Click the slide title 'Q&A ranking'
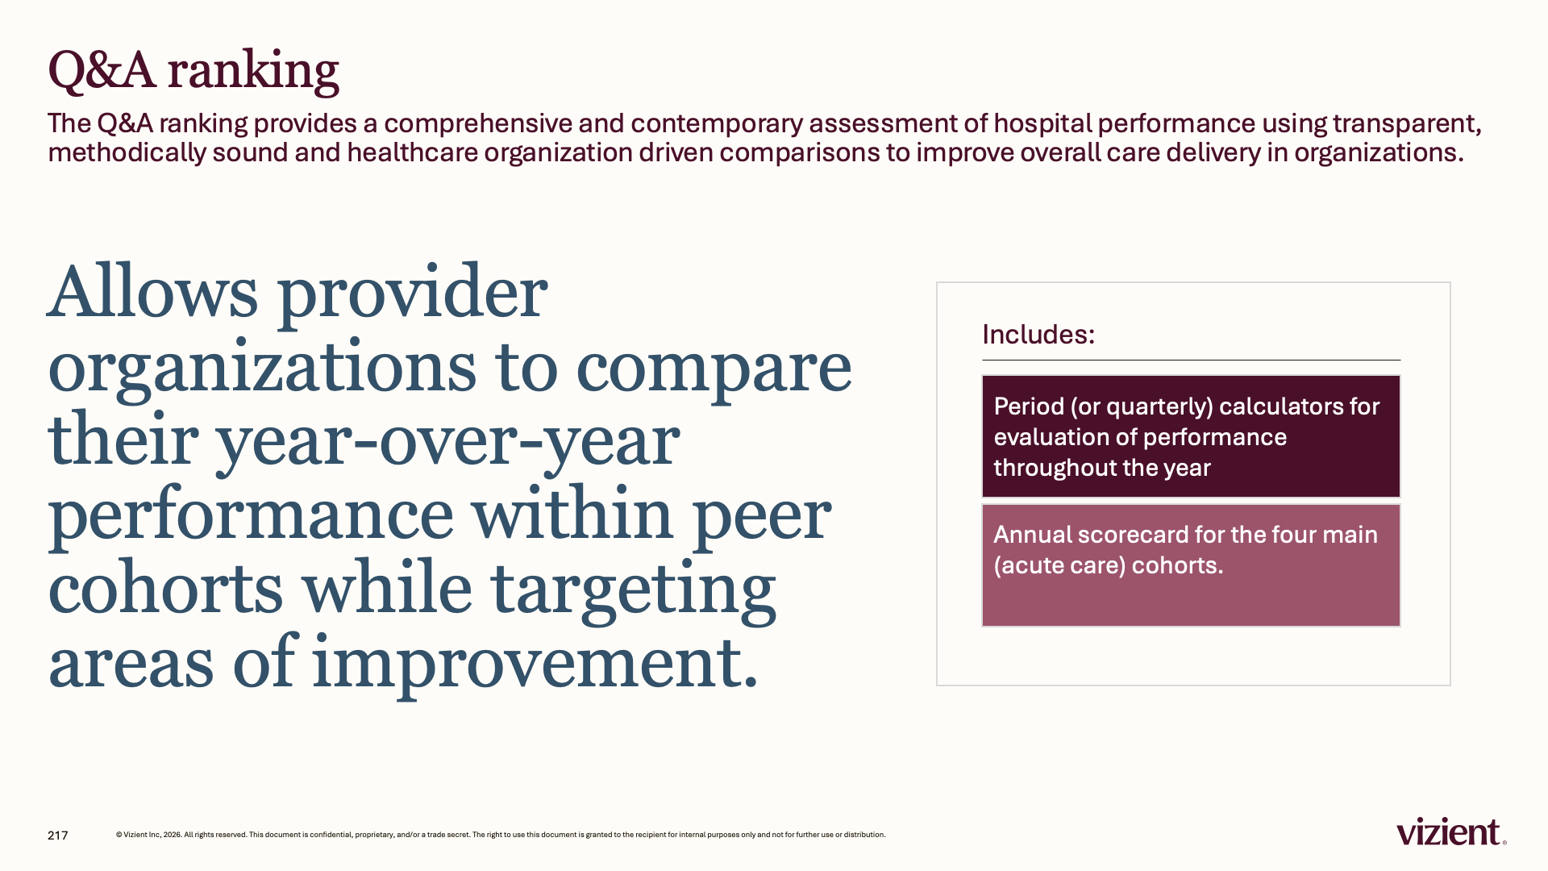pos(193,71)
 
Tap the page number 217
pos(58,836)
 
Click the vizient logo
pos(1451,831)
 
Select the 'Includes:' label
pos(1038,335)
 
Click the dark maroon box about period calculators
pos(1191,436)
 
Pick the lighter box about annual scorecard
pos(1191,565)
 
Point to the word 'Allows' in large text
pos(153,292)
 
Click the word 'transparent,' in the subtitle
pos(1407,124)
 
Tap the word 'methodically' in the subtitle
pos(127,153)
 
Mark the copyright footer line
pos(501,835)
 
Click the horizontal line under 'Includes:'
pos(1191,360)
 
